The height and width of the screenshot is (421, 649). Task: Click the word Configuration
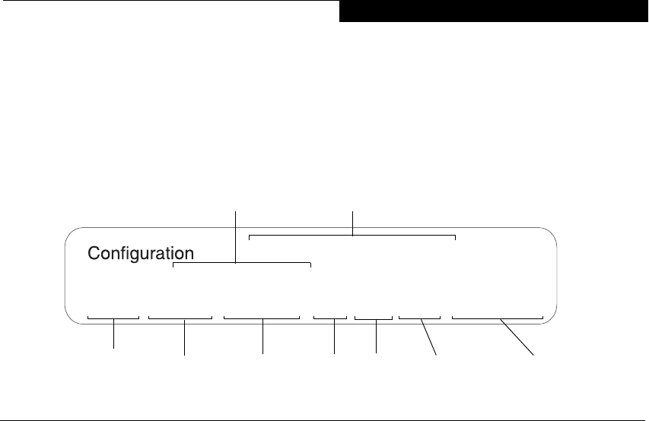(x=142, y=253)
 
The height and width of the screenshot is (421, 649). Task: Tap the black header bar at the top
(x=494, y=11)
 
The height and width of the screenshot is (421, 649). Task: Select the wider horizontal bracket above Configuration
(x=352, y=236)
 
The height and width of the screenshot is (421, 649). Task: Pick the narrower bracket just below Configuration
(x=242, y=264)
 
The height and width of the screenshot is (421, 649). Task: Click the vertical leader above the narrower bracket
(x=236, y=236)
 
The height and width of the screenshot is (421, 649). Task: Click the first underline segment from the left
(x=113, y=318)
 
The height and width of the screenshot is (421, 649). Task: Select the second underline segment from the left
(x=180, y=318)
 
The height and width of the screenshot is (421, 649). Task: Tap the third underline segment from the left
(x=262, y=318)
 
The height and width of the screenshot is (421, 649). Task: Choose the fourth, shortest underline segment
(x=329, y=318)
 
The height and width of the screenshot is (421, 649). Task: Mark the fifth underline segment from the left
(x=374, y=318)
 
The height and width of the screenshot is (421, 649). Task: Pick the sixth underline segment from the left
(x=419, y=318)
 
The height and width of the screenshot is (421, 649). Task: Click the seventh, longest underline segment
(x=497, y=318)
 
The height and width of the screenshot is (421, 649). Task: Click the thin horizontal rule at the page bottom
(x=324, y=418)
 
